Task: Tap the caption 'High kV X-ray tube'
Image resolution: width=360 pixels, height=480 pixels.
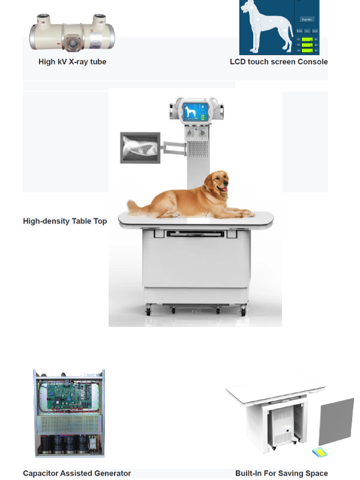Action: pos(72,62)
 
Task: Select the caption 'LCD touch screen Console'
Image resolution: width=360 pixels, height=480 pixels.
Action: pos(278,62)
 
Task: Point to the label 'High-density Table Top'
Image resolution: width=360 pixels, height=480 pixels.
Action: pos(65,221)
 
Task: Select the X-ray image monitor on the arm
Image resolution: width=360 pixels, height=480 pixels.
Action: pos(140,148)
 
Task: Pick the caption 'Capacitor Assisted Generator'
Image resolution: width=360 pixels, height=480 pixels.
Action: pos(77,473)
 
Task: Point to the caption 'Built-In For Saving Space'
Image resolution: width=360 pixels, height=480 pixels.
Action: pos(281,473)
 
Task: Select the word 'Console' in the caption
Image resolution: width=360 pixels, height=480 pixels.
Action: pos(313,62)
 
